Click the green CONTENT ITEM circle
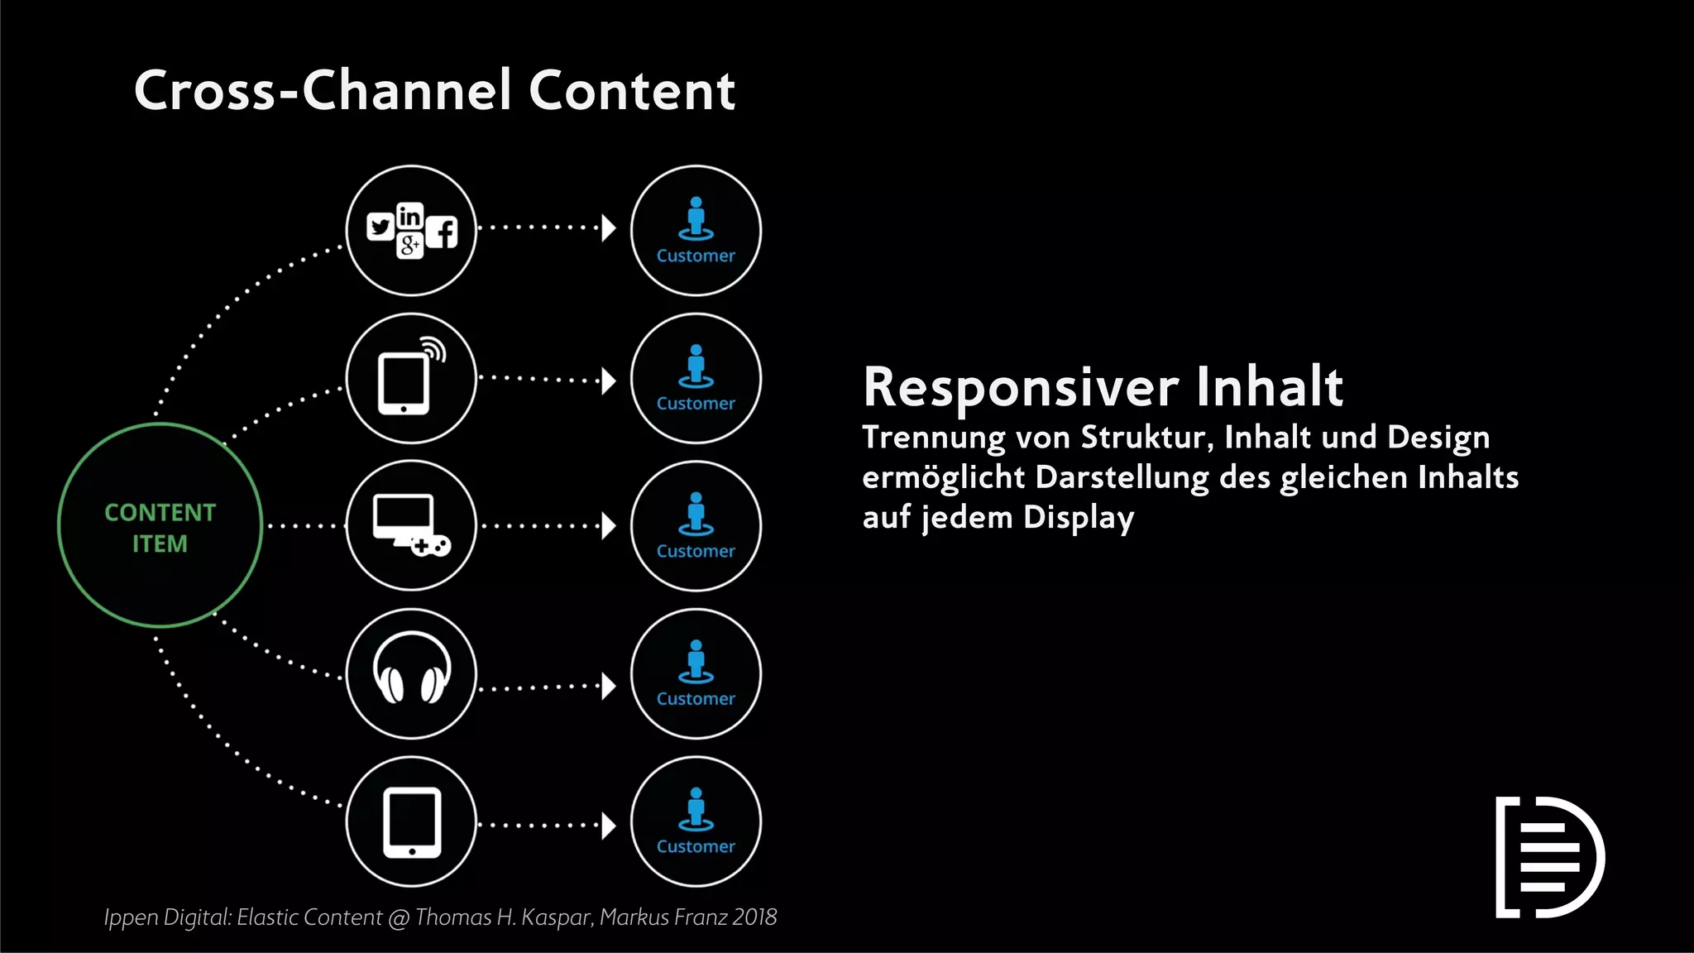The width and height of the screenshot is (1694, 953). coord(160,526)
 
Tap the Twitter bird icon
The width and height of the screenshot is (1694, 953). coord(380,227)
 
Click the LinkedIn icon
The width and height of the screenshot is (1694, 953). coord(409,216)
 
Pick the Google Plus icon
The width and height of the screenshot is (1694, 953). coord(409,245)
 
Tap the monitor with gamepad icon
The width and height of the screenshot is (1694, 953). coord(409,524)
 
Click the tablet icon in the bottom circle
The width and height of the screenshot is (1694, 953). coord(412,823)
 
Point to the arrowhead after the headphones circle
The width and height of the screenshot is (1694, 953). coord(609,686)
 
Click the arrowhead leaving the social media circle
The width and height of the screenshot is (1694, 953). coord(609,227)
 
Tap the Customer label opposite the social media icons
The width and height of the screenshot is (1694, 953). coord(696,256)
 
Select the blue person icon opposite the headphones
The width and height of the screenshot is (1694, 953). coord(696,661)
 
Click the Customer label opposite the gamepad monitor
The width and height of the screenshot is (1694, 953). coord(696,552)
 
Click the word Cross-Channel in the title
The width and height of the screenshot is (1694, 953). coord(323,90)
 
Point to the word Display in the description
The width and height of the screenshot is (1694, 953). coord(1079,518)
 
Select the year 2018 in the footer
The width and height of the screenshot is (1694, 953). coord(754,917)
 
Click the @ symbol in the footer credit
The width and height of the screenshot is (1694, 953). coord(399,918)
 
